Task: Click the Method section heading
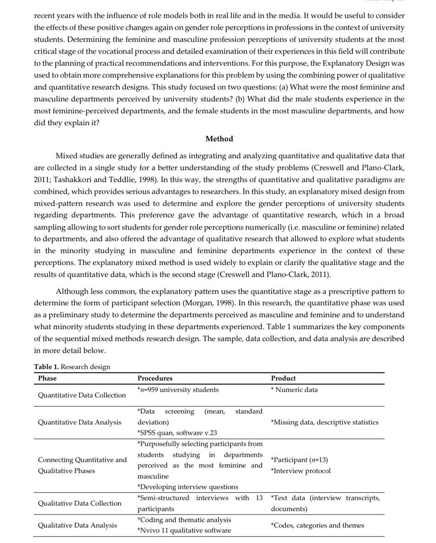219,139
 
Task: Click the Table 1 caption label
72,367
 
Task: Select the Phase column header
47,378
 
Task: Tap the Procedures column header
155,378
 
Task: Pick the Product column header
283,378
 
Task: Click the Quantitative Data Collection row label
82,395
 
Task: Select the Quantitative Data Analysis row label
79,422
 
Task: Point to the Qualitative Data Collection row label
79,503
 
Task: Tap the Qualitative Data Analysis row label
77,525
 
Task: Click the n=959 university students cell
178,389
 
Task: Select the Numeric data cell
294,389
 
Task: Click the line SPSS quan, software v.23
177,433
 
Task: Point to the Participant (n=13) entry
299,460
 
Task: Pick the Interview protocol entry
301,471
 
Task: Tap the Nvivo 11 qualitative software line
184,531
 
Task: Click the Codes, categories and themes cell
318,525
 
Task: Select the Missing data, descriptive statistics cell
324,422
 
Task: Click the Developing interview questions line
188,487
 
